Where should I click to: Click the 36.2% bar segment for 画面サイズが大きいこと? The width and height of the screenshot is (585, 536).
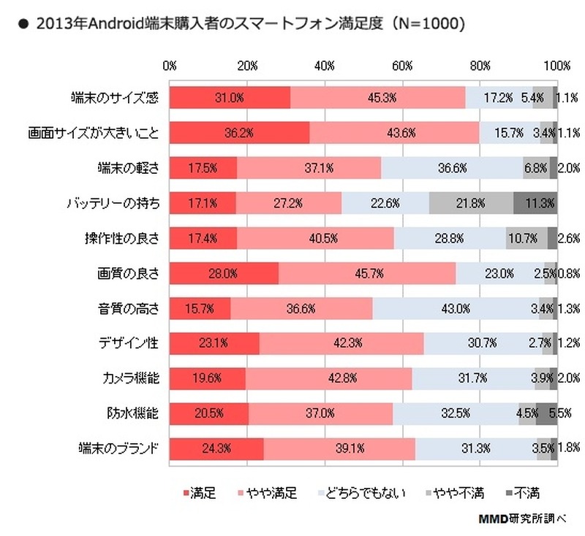point(240,132)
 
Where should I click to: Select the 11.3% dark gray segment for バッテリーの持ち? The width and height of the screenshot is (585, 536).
point(535,202)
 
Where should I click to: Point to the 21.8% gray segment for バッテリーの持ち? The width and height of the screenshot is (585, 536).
point(471,202)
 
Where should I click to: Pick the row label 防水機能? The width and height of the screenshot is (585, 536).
point(135,413)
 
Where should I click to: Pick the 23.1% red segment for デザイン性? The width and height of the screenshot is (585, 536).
point(214,342)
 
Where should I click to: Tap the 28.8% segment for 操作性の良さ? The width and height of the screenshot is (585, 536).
point(450,237)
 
